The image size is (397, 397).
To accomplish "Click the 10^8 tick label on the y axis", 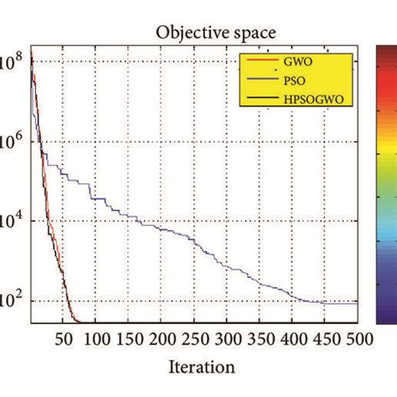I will pos(12,63).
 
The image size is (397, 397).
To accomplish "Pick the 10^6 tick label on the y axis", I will pos(12,142).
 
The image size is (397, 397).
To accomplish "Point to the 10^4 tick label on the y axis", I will pos(12,223).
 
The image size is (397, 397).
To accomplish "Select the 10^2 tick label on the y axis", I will pos(12,302).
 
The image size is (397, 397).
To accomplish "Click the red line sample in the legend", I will pos(259,63).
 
